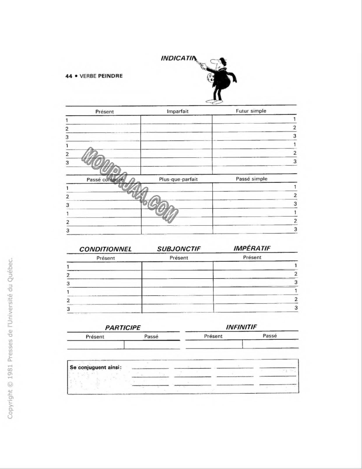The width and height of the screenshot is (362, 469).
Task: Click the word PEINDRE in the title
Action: click(x=110, y=76)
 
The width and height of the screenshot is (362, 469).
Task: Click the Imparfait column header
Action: click(x=178, y=111)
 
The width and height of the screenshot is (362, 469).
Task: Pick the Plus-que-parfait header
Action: click(x=178, y=179)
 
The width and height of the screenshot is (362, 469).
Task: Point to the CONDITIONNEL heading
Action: click(x=105, y=249)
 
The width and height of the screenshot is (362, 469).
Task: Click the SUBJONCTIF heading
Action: click(x=179, y=249)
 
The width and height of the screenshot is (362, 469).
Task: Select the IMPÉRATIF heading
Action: click(x=252, y=249)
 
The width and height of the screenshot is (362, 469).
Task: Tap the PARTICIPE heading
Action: click(x=123, y=328)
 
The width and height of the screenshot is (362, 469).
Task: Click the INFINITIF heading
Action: click(x=241, y=327)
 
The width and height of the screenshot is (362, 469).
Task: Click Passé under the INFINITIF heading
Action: click(x=270, y=336)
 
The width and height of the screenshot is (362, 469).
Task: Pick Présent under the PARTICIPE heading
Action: click(x=95, y=337)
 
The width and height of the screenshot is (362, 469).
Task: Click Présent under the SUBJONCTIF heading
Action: click(x=179, y=258)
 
